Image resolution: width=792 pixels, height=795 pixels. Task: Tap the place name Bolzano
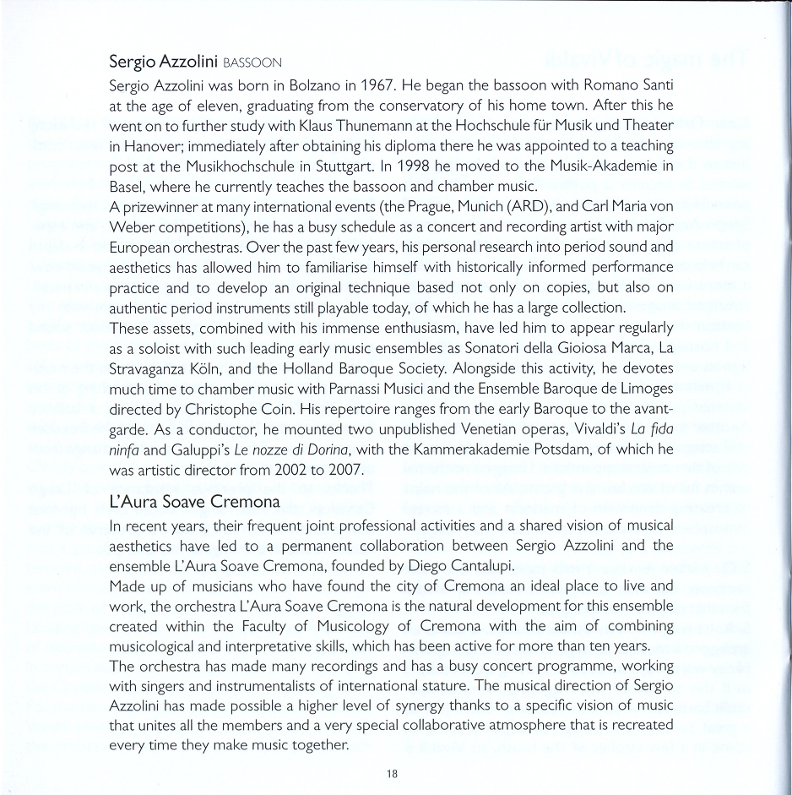[312, 86]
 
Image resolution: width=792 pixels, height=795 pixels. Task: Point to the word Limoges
[644, 388]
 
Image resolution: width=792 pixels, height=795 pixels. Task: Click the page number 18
[393, 773]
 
